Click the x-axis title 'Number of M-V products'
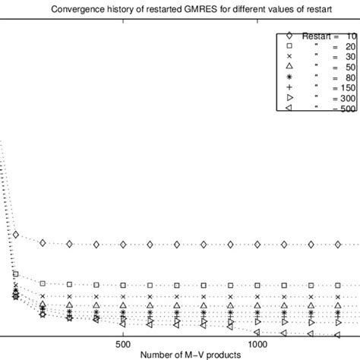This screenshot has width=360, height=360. [x=190, y=354]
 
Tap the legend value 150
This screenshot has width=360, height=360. [x=344, y=90]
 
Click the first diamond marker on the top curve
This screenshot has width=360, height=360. [x=15, y=235]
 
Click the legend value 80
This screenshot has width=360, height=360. [x=346, y=79]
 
